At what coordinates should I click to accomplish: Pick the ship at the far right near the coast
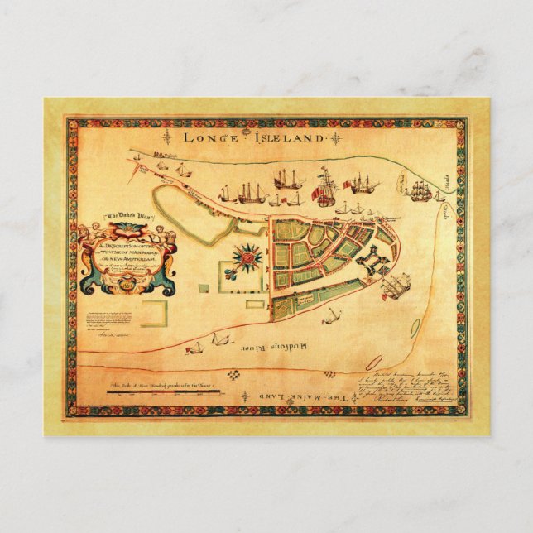(x=419, y=190)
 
